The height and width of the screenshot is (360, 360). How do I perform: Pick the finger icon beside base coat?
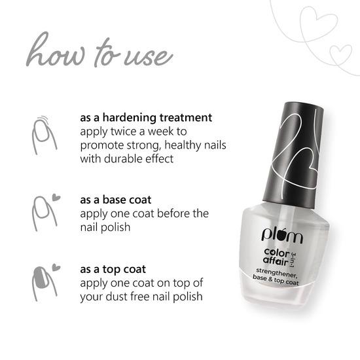click(41, 210)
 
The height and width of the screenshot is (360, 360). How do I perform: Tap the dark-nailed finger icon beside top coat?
click(41, 281)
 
